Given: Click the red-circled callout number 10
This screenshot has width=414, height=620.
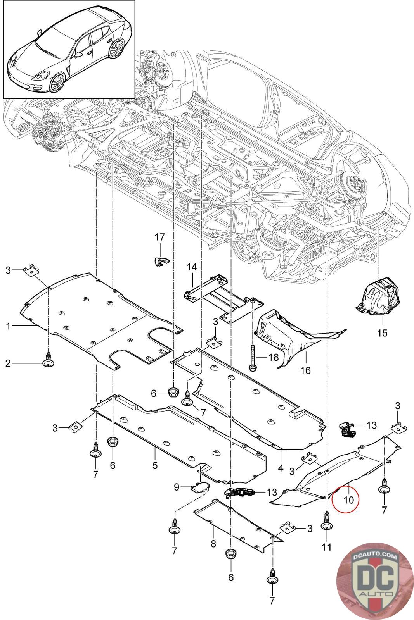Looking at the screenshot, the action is click(348, 500).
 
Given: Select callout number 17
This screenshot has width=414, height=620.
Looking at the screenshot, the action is click(159, 237).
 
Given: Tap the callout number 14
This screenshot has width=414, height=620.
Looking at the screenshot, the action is click(192, 267).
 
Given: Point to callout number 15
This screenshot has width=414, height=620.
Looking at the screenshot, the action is click(382, 333).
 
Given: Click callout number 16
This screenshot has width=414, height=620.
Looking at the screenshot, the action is click(305, 370).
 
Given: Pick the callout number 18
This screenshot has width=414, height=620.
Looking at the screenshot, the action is click(274, 357).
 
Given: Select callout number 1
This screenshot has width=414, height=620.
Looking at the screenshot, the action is click(8, 326).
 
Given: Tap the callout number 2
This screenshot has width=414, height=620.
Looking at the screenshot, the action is click(8, 363).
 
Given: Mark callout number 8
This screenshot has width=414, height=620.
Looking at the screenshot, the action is click(213, 544).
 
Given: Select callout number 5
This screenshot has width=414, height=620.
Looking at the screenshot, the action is click(155, 465).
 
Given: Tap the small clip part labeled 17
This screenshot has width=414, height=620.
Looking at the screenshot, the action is click(161, 261).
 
